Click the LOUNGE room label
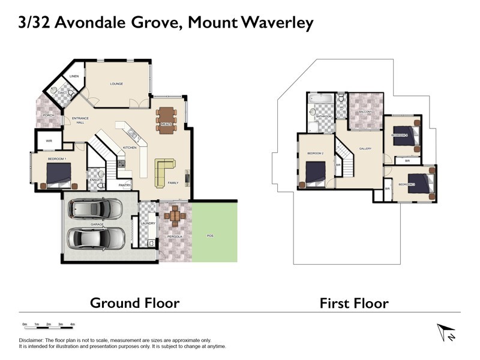pyautogui.click(x=116, y=84)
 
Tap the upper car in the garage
pyautogui.click(x=96, y=209)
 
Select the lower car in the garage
pyautogui.click(x=96, y=238)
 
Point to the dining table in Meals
pyautogui.click(x=166, y=119)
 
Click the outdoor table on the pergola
pyautogui.click(x=175, y=214)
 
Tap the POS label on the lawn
pyautogui.click(x=210, y=236)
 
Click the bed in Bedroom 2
pyautogui.click(x=316, y=175)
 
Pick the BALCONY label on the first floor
pyautogui.click(x=366, y=112)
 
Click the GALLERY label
pyautogui.click(x=365, y=149)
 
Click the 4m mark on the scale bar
pyautogui.click(x=73, y=324)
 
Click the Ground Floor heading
pyautogui.click(x=134, y=302)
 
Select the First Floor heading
pyautogui.click(x=354, y=302)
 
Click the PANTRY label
pyautogui.click(x=125, y=185)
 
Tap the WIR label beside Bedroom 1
pyautogui.click(x=49, y=142)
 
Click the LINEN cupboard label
pyautogui.click(x=74, y=77)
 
